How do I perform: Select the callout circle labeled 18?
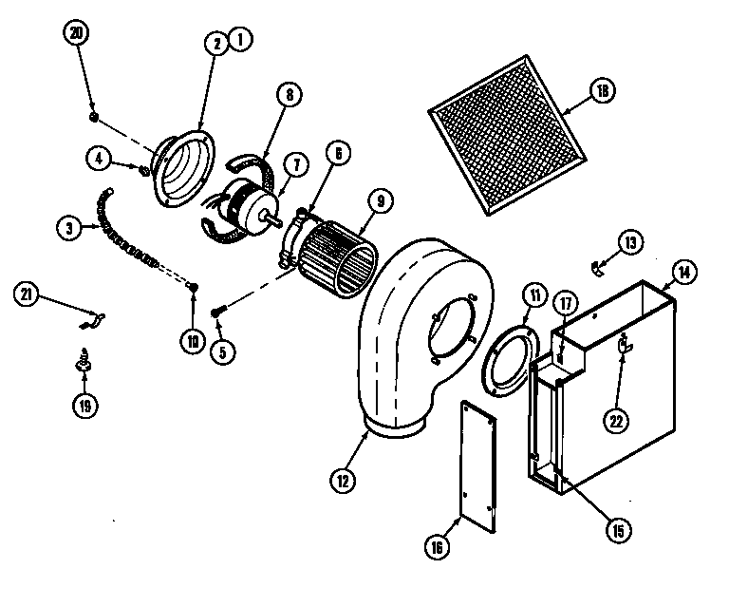click(602, 91)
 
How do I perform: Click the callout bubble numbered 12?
click(342, 481)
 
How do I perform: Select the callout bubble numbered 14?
click(683, 272)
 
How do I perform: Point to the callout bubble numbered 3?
click(67, 228)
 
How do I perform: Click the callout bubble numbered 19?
click(85, 406)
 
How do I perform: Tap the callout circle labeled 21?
click(28, 295)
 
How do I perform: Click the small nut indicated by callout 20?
click(94, 117)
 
